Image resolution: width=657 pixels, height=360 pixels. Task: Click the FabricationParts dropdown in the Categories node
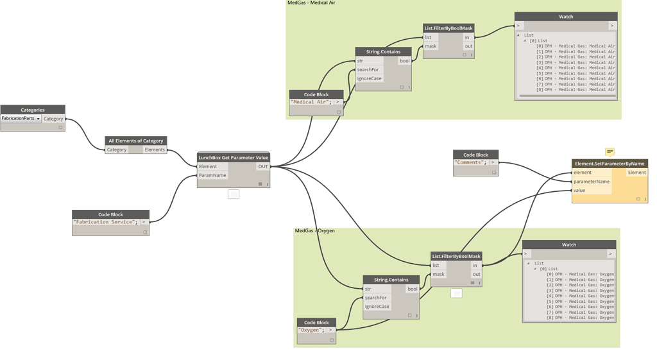point(21,119)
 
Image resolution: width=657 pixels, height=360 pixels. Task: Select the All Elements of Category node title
point(136,141)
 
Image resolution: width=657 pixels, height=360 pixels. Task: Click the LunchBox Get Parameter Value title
point(234,157)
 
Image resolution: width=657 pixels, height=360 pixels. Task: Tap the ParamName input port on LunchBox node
point(212,175)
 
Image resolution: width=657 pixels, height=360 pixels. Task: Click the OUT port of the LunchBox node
point(263,166)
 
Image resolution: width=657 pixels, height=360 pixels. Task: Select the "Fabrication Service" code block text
point(106,222)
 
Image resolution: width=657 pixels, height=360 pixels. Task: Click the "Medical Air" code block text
point(311,102)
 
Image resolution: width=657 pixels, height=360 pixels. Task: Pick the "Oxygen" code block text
point(311,330)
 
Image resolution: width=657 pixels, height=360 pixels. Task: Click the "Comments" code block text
point(470,162)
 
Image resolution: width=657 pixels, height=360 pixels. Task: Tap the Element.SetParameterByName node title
point(610,163)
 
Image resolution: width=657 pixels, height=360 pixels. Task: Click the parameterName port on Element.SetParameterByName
point(592,182)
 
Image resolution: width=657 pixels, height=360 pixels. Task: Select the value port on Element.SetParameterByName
point(579,191)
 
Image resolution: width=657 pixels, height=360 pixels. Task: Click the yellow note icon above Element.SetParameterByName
point(610,151)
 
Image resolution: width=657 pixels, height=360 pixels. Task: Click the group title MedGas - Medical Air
point(311,3)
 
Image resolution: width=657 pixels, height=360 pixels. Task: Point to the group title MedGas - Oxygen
point(314,231)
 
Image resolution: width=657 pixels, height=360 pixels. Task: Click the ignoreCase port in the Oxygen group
point(377,307)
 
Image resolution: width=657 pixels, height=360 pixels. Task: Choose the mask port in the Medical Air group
point(431,46)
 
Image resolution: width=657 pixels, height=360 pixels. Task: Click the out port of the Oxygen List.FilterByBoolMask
point(475,275)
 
